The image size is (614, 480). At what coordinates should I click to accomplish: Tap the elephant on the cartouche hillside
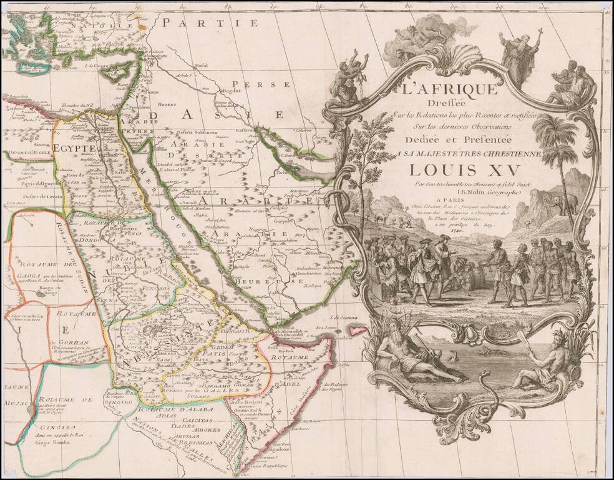pyautogui.click(x=563, y=204)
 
